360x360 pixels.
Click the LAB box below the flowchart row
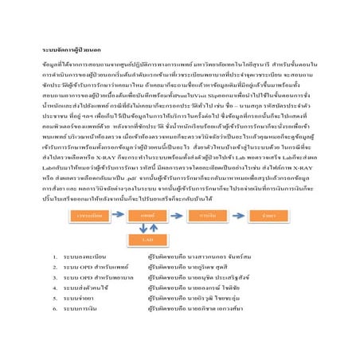(148, 239)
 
